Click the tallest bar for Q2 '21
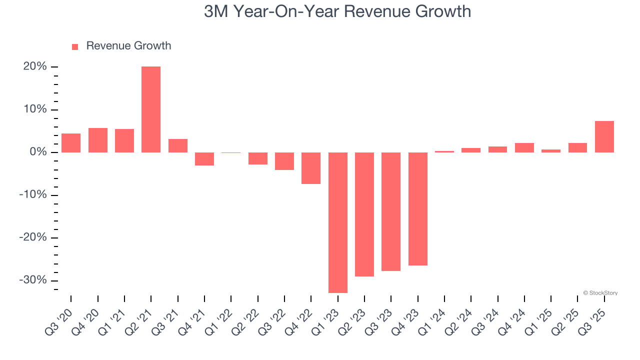click(151, 109)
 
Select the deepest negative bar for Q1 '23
click(338, 222)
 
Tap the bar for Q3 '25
click(604, 137)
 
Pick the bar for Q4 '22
click(311, 168)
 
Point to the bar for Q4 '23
click(418, 209)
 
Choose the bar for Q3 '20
click(71, 143)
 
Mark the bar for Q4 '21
click(204, 159)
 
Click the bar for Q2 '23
click(364, 214)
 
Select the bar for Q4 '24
click(524, 148)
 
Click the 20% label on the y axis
click(35, 67)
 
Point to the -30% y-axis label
click(33, 280)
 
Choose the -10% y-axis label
click(33, 195)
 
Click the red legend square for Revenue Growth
click(75, 47)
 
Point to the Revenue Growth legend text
click(128, 46)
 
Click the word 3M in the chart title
click(216, 11)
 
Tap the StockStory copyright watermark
click(600, 293)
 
